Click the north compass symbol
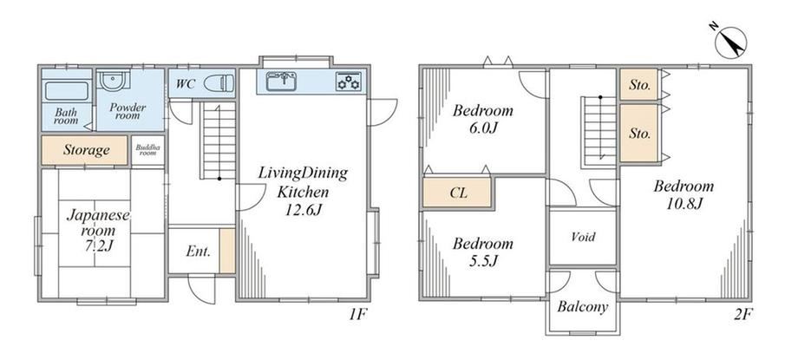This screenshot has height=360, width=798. point(730,43)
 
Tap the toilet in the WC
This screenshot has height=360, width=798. point(219,83)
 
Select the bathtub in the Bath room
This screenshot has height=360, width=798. point(67,91)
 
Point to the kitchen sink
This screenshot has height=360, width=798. point(281,81)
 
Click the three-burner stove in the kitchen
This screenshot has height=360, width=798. point(349,81)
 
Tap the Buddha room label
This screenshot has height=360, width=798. point(147,150)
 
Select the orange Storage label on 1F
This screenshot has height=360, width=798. point(87,150)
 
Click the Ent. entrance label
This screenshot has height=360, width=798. point(198,251)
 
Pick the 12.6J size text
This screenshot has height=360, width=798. point(303,209)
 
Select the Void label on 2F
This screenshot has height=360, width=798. point(583,237)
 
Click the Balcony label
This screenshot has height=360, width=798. point(583,306)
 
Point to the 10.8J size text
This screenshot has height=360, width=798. point(684,204)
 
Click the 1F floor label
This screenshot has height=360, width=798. point(357,314)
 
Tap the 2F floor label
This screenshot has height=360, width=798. point(743,314)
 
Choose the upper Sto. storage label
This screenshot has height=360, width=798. point(640,85)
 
